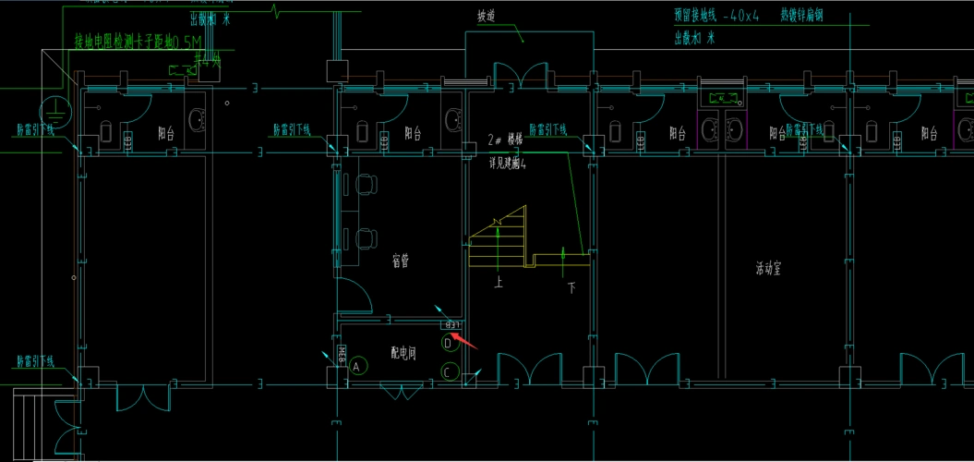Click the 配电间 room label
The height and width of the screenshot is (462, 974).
click(402, 353)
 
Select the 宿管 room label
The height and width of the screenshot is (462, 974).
click(400, 261)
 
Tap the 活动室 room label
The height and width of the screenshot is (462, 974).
click(768, 270)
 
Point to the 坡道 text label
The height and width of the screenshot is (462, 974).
click(487, 17)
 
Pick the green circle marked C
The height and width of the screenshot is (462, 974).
click(450, 372)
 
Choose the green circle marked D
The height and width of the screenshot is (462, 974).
click(450, 344)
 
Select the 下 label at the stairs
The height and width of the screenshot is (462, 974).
click(571, 288)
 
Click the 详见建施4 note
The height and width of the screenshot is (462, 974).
click(508, 163)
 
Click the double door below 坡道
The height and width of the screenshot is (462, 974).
click(522, 77)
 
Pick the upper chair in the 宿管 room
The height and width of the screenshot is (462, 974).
click(367, 186)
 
